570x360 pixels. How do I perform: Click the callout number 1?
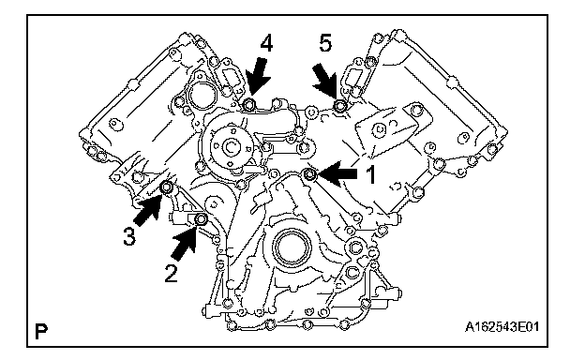pos(370,175)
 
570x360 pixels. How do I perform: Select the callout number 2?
pos(171,273)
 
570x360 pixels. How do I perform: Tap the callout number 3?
pos(129,236)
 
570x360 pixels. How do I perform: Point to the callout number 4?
pos(266,44)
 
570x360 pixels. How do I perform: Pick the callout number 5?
pos(325,43)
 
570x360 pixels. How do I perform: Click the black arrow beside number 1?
pos(337,174)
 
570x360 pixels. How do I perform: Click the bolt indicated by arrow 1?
pos(309,175)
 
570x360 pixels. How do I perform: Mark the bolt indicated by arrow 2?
pos(201,220)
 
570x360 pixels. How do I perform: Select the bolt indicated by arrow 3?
pos(167,187)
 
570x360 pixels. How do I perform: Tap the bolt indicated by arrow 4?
pos(249,105)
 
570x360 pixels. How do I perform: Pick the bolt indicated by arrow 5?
pos(340,106)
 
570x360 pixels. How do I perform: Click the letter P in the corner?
pos(41,331)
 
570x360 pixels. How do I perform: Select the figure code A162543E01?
pos(502,327)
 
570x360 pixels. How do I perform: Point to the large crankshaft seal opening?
pos(293,247)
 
